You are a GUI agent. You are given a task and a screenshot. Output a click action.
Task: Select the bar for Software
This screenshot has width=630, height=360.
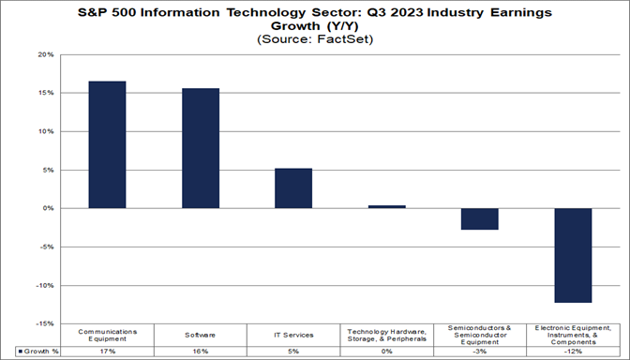[201, 148]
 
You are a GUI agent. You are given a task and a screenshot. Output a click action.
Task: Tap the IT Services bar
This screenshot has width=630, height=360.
[293, 188]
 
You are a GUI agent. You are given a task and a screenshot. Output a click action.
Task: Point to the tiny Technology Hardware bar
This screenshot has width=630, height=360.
[386, 206]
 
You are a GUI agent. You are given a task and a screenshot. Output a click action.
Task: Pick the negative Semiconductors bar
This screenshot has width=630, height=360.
[479, 218]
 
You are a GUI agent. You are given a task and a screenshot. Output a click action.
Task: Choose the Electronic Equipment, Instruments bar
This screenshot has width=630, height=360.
[572, 255]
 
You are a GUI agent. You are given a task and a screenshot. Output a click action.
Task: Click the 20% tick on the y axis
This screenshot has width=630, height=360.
[44, 55]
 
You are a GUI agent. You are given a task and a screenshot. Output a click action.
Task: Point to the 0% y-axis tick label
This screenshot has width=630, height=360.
[47, 209]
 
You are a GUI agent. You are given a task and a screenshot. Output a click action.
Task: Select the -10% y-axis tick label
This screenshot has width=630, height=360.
[43, 285]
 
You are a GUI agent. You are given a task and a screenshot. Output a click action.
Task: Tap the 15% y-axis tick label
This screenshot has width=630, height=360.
[44, 94]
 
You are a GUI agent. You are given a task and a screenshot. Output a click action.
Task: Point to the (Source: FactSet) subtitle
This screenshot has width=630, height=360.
[315, 39]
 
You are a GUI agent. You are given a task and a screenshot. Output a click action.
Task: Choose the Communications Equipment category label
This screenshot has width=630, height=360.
[107, 334]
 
